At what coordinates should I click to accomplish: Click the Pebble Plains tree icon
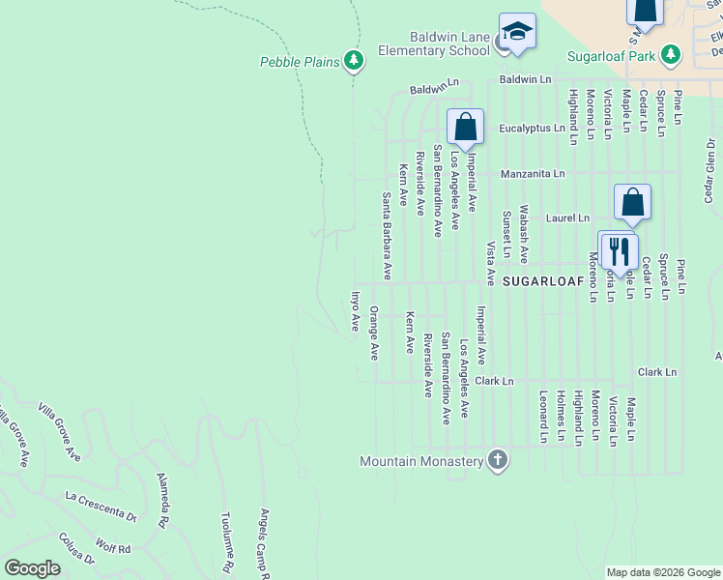[354, 62]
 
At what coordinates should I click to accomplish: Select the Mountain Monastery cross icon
[497, 461]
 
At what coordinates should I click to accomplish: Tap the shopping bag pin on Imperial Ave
[465, 127]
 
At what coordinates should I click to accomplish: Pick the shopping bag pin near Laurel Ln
[632, 203]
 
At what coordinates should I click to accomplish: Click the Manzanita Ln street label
[533, 174]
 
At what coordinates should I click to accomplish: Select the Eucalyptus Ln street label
[532, 128]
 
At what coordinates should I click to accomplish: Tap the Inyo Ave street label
[355, 311]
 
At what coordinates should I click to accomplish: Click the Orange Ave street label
[374, 334]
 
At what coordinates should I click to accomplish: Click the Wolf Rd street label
[112, 548]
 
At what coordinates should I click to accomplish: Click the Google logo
[33, 568]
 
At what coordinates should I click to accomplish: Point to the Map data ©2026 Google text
[662, 572]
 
